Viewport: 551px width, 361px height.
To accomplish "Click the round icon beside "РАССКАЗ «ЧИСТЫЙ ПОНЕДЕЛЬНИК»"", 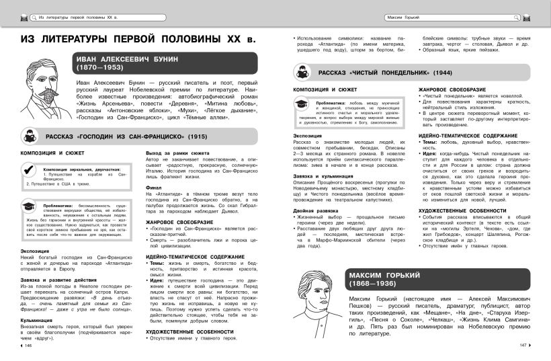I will [302, 71].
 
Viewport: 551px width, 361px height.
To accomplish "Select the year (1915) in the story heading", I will [196, 137].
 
